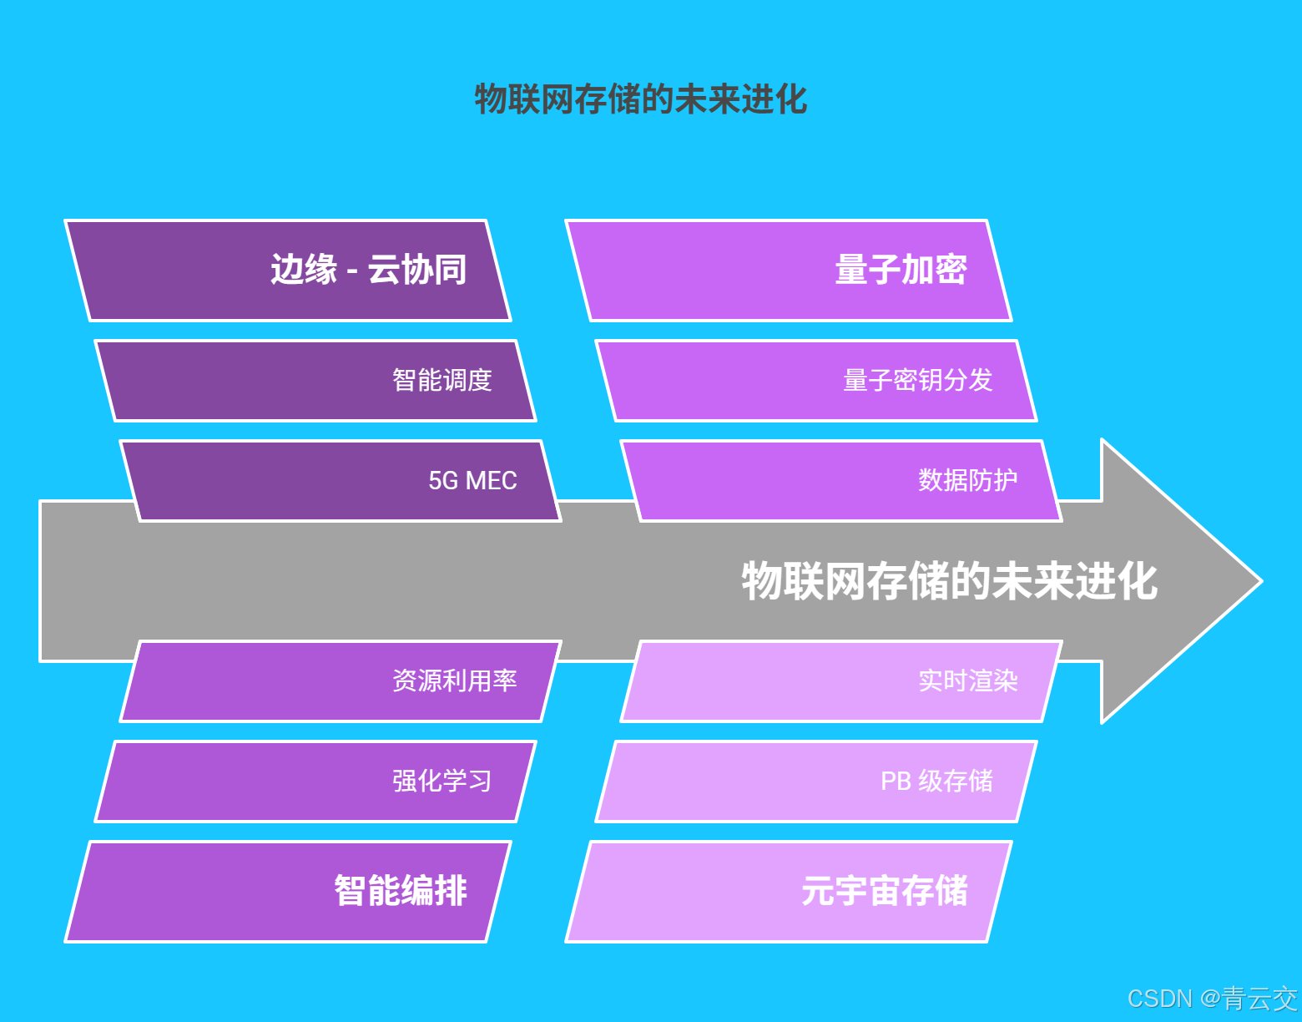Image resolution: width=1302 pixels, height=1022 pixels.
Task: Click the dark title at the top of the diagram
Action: (x=640, y=99)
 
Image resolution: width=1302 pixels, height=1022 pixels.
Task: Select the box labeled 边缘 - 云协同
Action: (x=288, y=271)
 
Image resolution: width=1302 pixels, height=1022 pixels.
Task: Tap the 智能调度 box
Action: (x=315, y=381)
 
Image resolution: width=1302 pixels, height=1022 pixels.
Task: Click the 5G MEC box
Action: (x=341, y=481)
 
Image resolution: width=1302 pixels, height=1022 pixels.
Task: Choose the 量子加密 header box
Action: (x=789, y=271)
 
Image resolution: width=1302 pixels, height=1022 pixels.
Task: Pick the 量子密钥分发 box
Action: (x=816, y=381)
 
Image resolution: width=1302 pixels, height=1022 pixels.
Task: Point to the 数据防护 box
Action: (x=841, y=481)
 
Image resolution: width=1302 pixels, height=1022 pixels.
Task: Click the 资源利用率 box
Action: (x=341, y=681)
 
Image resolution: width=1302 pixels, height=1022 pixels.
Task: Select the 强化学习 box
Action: (x=315, y=782)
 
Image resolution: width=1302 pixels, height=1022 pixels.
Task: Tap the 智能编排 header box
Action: (x=288, y=892)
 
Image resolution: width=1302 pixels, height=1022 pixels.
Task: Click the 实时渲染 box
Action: (x=841, y=681)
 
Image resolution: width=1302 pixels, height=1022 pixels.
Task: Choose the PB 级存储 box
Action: (x=816, y=782)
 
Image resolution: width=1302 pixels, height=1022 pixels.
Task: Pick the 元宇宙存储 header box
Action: (x=789, y=892)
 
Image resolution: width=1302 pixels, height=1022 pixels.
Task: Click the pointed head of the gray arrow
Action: (x=1185, y=581)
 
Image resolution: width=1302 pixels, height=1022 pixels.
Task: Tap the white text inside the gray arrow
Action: (x=949, y=581)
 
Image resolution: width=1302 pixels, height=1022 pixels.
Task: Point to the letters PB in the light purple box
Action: (x=896, y=782)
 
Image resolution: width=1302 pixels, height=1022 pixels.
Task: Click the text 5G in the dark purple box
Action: (x=443, y=481)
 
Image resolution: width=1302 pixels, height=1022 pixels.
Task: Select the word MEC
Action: (x=491, y=481)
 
